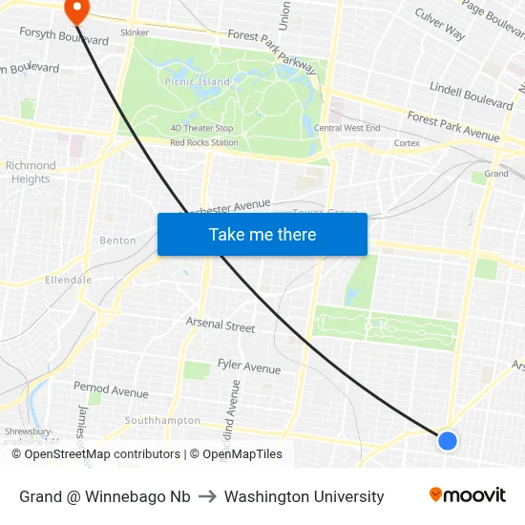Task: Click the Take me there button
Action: coord(262,234)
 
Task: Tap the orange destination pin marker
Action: coord(75,10)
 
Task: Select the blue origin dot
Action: coord(447,440)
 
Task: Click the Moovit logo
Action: coord(467,495)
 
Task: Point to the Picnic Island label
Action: coord(198,82)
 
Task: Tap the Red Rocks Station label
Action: coord(204,143)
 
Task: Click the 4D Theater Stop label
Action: coord(201,128)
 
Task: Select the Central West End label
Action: coord(346,128)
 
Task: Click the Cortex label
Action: coord(407,143)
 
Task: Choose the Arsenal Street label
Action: coord(220,325)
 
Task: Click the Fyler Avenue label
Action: coord(249,367)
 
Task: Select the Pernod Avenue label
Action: coord(111,390)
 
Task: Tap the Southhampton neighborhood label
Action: coord(162,420)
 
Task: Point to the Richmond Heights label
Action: coord(31,172)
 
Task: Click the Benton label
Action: coord(118,241)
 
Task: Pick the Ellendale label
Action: coord(69,280)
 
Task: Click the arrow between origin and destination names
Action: coord(207,496)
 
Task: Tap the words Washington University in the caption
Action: coord(304,496)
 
